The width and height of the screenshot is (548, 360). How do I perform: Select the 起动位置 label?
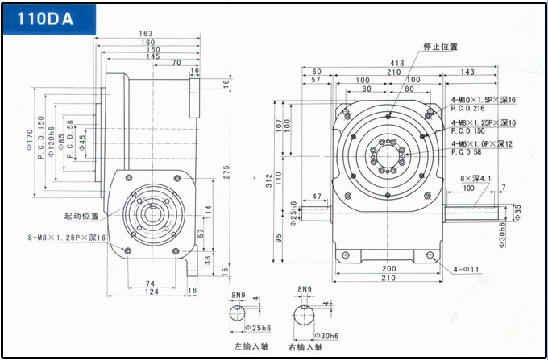tap(81, 217)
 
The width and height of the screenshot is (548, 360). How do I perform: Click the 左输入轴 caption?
tap(251, 347)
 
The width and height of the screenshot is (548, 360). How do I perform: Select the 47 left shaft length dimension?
tap(316, 196)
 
